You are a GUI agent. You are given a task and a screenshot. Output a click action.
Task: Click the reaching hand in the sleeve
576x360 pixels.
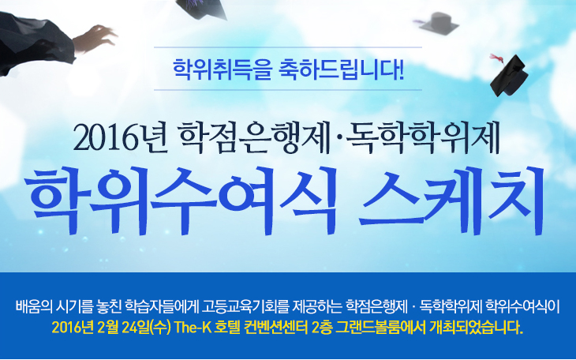[95, 38]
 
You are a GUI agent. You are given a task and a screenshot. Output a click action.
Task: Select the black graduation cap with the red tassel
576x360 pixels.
[509, 77]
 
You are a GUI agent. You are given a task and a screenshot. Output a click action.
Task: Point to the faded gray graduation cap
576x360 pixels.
[439, 23]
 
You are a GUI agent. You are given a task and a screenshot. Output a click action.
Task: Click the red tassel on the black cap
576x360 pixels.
[496, 58]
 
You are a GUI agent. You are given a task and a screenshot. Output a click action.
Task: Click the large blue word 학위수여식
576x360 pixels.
[182, 201]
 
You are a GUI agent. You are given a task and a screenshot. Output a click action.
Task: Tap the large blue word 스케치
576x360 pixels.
[452, 201]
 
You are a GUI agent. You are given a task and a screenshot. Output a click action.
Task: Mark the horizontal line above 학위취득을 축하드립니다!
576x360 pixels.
[288, 47]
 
